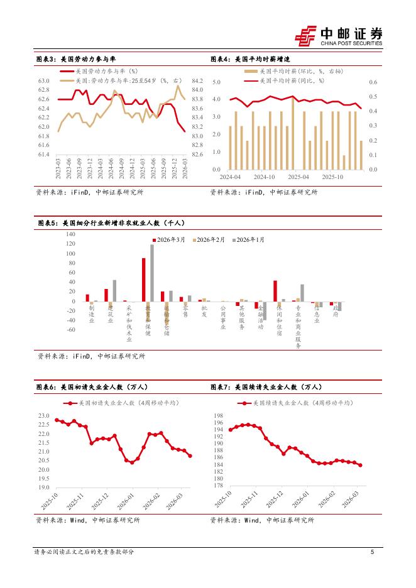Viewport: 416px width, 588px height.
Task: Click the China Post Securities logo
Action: coord(339,36)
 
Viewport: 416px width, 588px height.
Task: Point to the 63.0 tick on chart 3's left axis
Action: coord(44,81)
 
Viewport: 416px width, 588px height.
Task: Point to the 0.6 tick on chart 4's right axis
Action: coord(373,82)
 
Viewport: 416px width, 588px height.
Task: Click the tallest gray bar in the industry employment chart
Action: coord(152,273)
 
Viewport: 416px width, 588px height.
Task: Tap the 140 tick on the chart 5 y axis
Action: coord(70,234)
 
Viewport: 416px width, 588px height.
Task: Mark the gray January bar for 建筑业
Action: coord(114,291)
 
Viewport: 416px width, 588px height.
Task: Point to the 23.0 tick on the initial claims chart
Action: coord(44,416)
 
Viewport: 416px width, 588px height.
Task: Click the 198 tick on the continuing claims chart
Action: coord(219,416)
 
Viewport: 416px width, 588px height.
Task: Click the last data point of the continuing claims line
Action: coord(360,465)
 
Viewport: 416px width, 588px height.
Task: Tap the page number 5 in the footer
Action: coord(373,552)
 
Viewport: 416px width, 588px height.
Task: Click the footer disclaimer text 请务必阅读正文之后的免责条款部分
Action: coord(84,552)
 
